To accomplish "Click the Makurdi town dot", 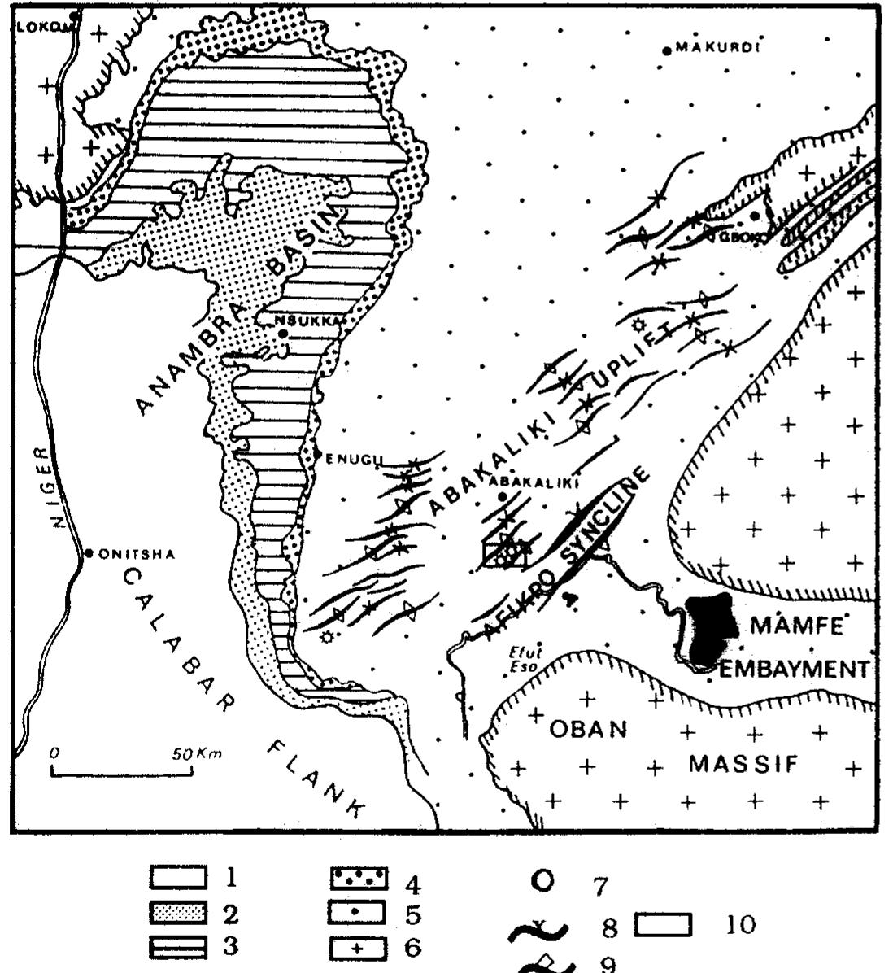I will pos(667,50).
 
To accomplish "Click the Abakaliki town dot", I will pos(502,496).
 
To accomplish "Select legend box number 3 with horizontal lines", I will pos(177,947).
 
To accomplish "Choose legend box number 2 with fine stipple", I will pos(177,914).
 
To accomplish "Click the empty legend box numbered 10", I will pos(662,925).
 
